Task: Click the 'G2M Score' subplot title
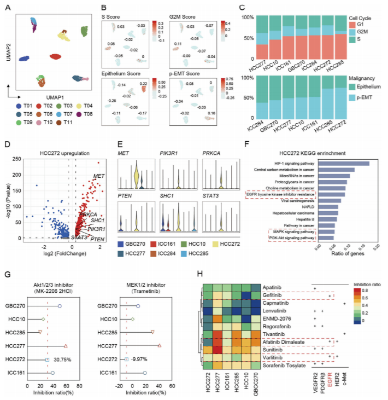point(185,10)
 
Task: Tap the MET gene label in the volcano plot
point(99,176)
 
